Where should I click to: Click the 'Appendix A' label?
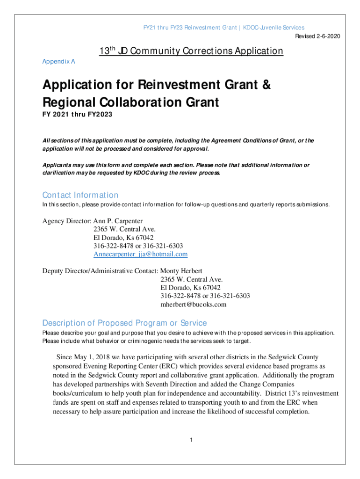click(59, 61)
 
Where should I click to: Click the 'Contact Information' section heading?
click(80, 195)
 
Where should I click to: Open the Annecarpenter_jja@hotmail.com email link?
click(140, 254)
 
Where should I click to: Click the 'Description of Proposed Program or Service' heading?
click(124, 323)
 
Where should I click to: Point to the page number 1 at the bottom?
click(191, 440)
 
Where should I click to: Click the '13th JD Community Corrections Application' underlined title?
click(191, 51)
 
